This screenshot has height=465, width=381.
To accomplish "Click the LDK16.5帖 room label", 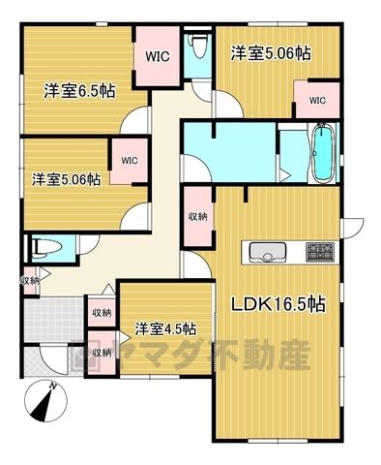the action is pyautogui.click(x=278, y=303).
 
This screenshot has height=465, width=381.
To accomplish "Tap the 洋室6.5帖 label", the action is pyautogui.click(x=79, y=91).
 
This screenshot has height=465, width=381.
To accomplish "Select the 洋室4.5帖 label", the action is pyautogui.click(x=165, y=329).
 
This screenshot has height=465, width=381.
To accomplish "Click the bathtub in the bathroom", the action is pyautogui.click(x=323, y=153).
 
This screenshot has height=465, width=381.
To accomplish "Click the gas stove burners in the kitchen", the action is pyautogui.click(x=320, y=252).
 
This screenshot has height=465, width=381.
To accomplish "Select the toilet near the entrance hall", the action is pyautogui.click(x=46, y=248).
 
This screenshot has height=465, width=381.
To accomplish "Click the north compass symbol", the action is pyautogui.click(x=45, y=401).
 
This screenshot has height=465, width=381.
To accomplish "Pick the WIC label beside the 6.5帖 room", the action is pyautogui.click(x=157, y=56).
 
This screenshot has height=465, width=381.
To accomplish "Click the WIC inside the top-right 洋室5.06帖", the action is pyautogui.click(x=317, y=101).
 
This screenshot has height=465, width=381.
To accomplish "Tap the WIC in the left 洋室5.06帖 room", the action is pyautogui.click(x=130, y=161).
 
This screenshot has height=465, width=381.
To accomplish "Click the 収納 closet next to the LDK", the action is pyautogui.click(x=198, y=217).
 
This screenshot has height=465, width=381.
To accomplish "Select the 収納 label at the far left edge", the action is pyautogui.click(x=30, y=281).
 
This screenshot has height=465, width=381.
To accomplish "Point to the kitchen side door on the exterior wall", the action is pyautogui.click(x=353, y=229).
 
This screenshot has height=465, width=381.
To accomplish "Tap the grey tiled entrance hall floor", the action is pyautogui.click(x=54, y=320).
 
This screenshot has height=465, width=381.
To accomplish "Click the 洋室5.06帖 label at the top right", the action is pyautogui.click(x=271, y=53).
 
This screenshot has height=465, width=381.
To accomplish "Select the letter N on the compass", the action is pyautogui.click(x=52, y=386).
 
